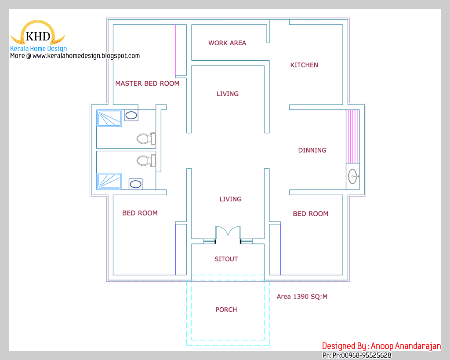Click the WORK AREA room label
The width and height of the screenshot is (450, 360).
(227, 43)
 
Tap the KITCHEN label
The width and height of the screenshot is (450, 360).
(304, 65)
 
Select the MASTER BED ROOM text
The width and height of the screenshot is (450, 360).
(147, 84)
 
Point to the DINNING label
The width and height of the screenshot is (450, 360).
(312, 150)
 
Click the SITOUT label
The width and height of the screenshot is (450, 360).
(226, 259)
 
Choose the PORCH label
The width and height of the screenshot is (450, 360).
(226, 310)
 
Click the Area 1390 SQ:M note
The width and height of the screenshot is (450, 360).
(302, 297)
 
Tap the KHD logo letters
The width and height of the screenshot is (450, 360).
(38, 36)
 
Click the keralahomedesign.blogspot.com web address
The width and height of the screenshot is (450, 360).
(86, 56)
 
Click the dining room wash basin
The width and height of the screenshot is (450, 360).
(353, 177)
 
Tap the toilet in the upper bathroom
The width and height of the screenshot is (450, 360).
(145, 139)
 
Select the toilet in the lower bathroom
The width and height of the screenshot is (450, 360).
(145, 160)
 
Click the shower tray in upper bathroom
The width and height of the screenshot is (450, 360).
(109, 119)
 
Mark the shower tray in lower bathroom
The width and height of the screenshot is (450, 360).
(109, 181)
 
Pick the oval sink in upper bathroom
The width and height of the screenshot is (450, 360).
(131, 116)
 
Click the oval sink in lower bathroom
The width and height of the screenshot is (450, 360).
(135, 184)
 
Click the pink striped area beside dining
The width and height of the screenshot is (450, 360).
(352, 136)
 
